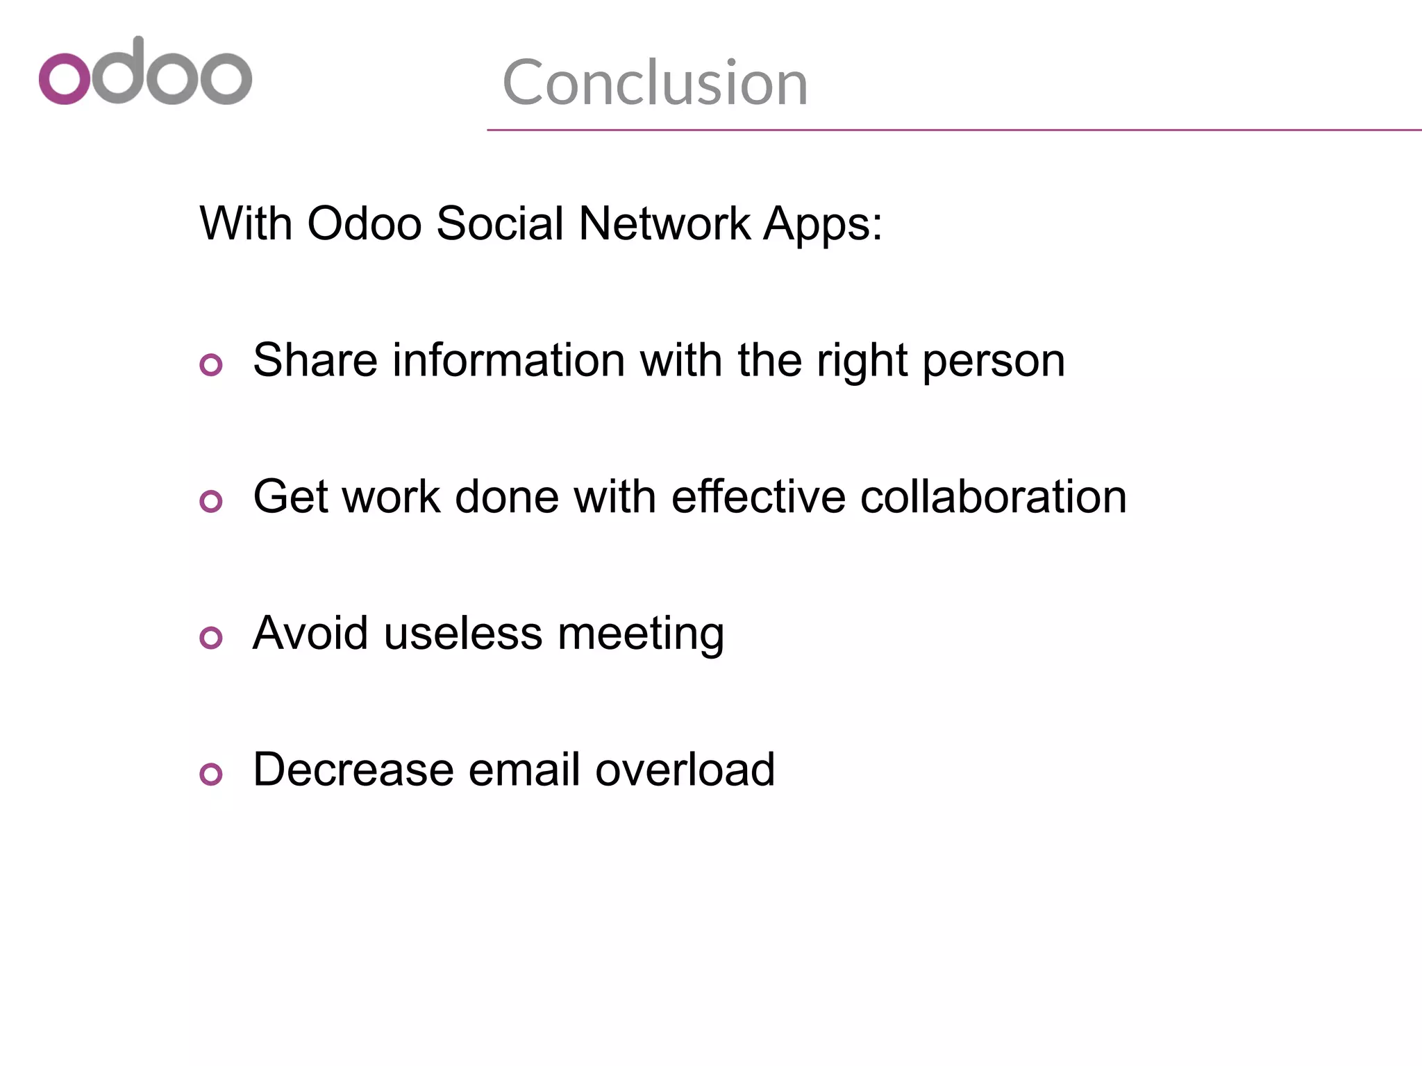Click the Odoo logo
pyautogui.click(x=145, y=72)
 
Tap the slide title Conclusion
pyautogui.click(x=655, y=83)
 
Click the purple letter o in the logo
pyautogui.click(x=65, y=78)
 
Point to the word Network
pyautogui.click(x=664, y=223)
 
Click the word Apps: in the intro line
pyautogui.click(x=823, y=225)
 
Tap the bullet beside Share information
pyautogui.click(x=211, y=364)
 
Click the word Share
pyautogui.click(x=315, y=360)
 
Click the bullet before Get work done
pyautogui.click(x=211, y=501)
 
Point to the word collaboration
pyautogui.click(x=993, y=497)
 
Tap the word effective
pyautogui.click(x=758, y=497)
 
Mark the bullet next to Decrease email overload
pyautogui.click(x=211, y=774)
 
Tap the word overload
pyautogui.click(x=685, y=770)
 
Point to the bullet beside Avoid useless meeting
pyautogui.click(x=211, y=638)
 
